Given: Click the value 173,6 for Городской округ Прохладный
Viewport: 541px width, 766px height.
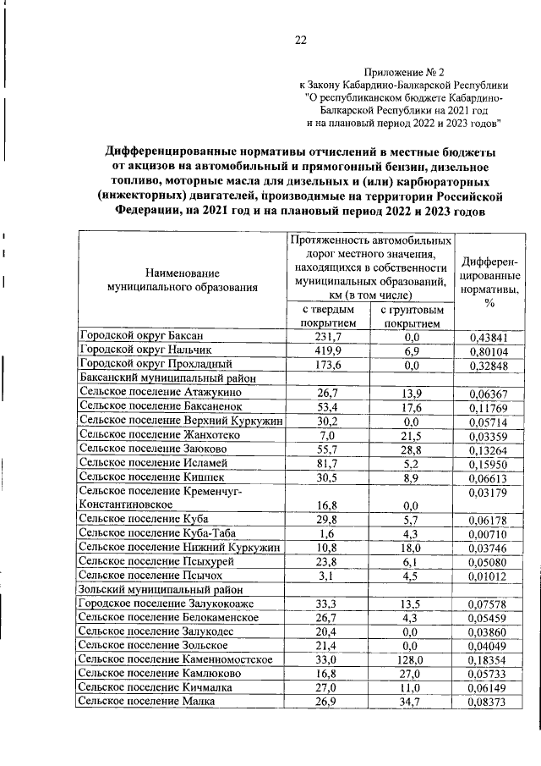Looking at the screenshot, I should [326, 364].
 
